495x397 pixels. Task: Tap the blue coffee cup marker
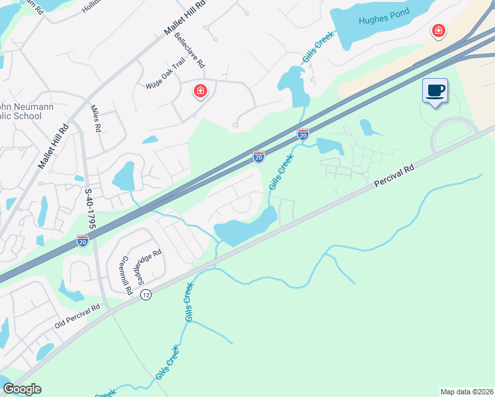435,91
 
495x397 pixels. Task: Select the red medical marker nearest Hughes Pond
437,30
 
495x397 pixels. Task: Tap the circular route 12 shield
146,294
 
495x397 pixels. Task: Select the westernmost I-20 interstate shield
83,241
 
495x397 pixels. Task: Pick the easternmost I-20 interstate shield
303,134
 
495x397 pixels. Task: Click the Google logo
22,389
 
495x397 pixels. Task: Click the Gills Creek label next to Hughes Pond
317,48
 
